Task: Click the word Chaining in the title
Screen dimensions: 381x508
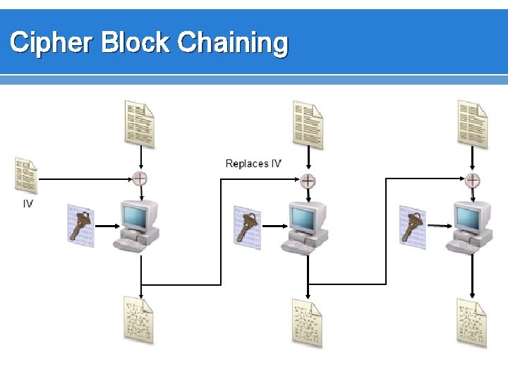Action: click(233, 43)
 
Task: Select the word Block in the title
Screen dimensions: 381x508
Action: click(135, 43)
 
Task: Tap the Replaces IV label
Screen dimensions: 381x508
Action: click(253, 164)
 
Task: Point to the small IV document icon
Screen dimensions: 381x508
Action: click(26, 176)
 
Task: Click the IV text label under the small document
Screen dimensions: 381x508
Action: click(27, 205)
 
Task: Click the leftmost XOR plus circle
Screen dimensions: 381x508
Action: click(140, 179)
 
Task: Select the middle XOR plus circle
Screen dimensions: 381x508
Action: click(308, 180)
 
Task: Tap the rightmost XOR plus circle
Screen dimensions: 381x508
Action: click(473, 180)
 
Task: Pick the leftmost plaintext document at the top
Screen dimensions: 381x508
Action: click(139, 123)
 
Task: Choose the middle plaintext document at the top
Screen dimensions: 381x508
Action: click(308, 125)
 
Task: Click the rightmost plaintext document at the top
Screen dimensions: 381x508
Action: click(472, 124)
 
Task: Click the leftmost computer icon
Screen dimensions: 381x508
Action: click(137, 225)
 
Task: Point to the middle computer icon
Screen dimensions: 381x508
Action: click(305, 227)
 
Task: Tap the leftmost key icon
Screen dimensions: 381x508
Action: click(80, 224)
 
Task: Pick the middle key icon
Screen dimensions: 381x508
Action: click(248, 226)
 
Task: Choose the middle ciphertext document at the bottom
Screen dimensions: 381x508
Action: click(307, 323)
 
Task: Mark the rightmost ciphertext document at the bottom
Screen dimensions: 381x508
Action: click(471, 323)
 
